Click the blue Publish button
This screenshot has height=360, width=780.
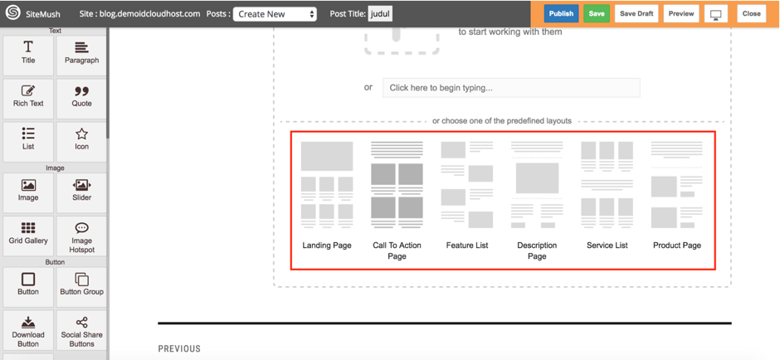point(561,14)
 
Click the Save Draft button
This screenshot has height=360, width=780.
point(636,14)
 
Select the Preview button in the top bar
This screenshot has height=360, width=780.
point(681,14)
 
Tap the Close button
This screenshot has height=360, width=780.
point(751,14)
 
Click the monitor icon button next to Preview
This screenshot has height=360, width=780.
point(715,14)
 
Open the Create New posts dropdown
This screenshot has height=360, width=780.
point(275,14)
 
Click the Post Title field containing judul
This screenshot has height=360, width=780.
point(380,14)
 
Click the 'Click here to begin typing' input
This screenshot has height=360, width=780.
point(511,88)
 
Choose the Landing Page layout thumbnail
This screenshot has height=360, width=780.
point(327,185)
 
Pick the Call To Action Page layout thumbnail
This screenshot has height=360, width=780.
point(397,185)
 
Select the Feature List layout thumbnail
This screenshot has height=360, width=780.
point(467,185)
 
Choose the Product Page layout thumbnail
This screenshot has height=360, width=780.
point(677,185)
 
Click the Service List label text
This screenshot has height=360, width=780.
point(607,246)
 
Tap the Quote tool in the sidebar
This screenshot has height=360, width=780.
point(81,97)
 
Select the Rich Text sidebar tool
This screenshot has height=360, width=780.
point(28,97)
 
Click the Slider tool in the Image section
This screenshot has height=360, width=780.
point(81,191)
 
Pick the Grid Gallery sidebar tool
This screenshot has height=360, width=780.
point(28,234)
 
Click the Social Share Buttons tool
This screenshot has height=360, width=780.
point(81,329)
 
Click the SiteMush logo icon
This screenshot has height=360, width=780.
point(12,13)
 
